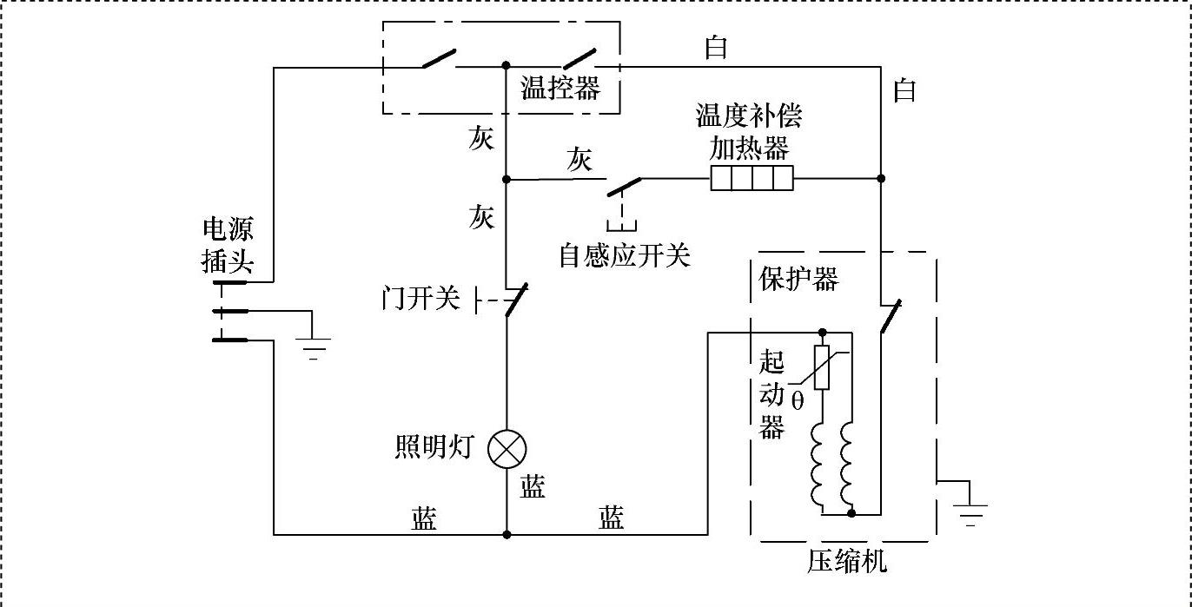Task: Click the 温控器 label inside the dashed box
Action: (x=560, y=89)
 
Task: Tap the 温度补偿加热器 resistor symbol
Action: (x=752, y=179)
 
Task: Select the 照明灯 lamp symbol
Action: (x=507, y=449)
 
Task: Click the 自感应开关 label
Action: (x=625, y=255)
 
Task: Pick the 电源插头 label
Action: (x=228, y=245)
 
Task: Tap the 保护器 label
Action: (x=799, y=279)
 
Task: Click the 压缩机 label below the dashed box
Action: (x=848, y=562)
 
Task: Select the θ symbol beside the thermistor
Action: (x=798, y=401)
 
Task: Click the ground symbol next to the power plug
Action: (x=315, y=347)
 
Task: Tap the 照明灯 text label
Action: (x=434, y=447)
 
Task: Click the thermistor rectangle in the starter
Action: (x=822, y=366)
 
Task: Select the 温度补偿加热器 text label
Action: (x=749, y=132)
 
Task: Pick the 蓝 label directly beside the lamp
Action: (x=533, y=487)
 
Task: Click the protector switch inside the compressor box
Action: (x=890, y=317)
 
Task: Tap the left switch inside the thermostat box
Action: (x=438, y=58)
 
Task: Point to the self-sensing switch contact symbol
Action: (x=624, y=186)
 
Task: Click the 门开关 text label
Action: (x=420, y=300)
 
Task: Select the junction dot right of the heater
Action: (x=881, y=179)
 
